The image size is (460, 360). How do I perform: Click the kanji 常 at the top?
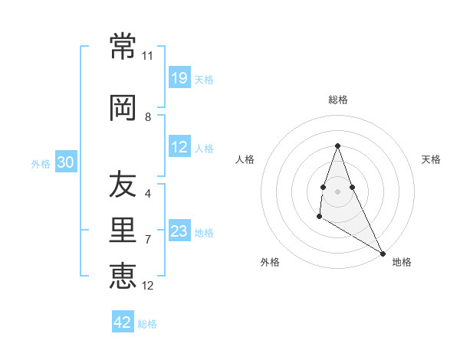(x=123, y=47)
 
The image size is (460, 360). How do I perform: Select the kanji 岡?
(x=123, y=108)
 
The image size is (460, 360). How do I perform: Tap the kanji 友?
(x=123, y=185)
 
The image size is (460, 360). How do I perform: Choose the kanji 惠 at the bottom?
(x=123, y=277)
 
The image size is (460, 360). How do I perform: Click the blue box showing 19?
(x=179, y=77)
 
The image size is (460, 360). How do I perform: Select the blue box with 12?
(x=179, y=147)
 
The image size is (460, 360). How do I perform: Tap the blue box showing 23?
(x=179, y=231)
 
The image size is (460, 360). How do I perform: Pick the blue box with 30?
(x=65, y=162)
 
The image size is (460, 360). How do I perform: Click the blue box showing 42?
(x=123, y=322)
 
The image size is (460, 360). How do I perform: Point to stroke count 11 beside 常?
(x=147, y=56)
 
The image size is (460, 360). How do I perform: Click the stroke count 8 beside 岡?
(x=148, y=117)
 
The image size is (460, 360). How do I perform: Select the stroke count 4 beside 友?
(x=148, y=194)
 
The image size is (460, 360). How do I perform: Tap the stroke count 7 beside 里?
(x=148, y=240)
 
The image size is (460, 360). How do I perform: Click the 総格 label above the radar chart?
(x=338, y=100)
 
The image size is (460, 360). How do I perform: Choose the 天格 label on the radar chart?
(x=432, y=159)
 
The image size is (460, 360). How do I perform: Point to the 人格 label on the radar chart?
(x=245, y=159)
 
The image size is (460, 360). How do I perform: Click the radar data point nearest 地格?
(x=383, y=254)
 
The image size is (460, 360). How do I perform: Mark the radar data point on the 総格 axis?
(x=337, y=146)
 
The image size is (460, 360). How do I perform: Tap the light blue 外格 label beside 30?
(x=41, y=163)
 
